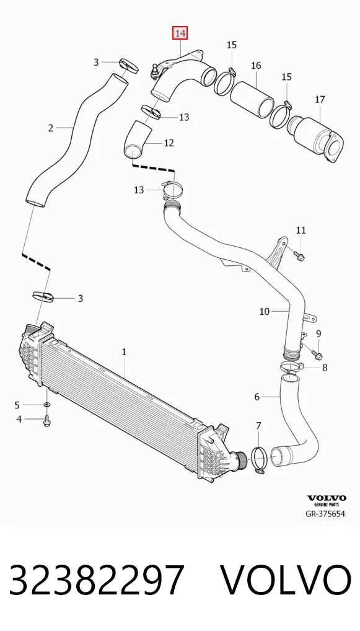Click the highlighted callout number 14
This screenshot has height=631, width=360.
click(x=180, y=33)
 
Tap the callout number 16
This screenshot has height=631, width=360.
click(x=256, y=65)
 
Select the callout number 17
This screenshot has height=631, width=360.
click(x=320, y=99)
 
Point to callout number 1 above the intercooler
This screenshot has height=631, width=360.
click(x=124, y=351)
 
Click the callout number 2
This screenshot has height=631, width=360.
click(x=51, y=128)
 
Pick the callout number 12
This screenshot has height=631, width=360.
click(x=169, y=143)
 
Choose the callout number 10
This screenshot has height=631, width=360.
click(x=264, y=311)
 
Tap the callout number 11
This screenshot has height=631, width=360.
click(x=301, y=230)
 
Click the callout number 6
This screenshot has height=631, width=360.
click(x=257, y=397)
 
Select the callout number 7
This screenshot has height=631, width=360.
click(x=258, y=425)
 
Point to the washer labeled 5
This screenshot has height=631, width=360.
click(x=47, y=404)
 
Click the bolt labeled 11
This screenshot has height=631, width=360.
click(x=299, y=255)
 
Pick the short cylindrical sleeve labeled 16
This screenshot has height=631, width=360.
click(x=252, y=99)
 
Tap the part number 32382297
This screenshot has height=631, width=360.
click(x=97, y=580)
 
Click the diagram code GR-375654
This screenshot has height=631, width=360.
click(x=325, y=514)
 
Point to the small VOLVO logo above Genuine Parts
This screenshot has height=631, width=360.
click(x=327, y=498)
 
